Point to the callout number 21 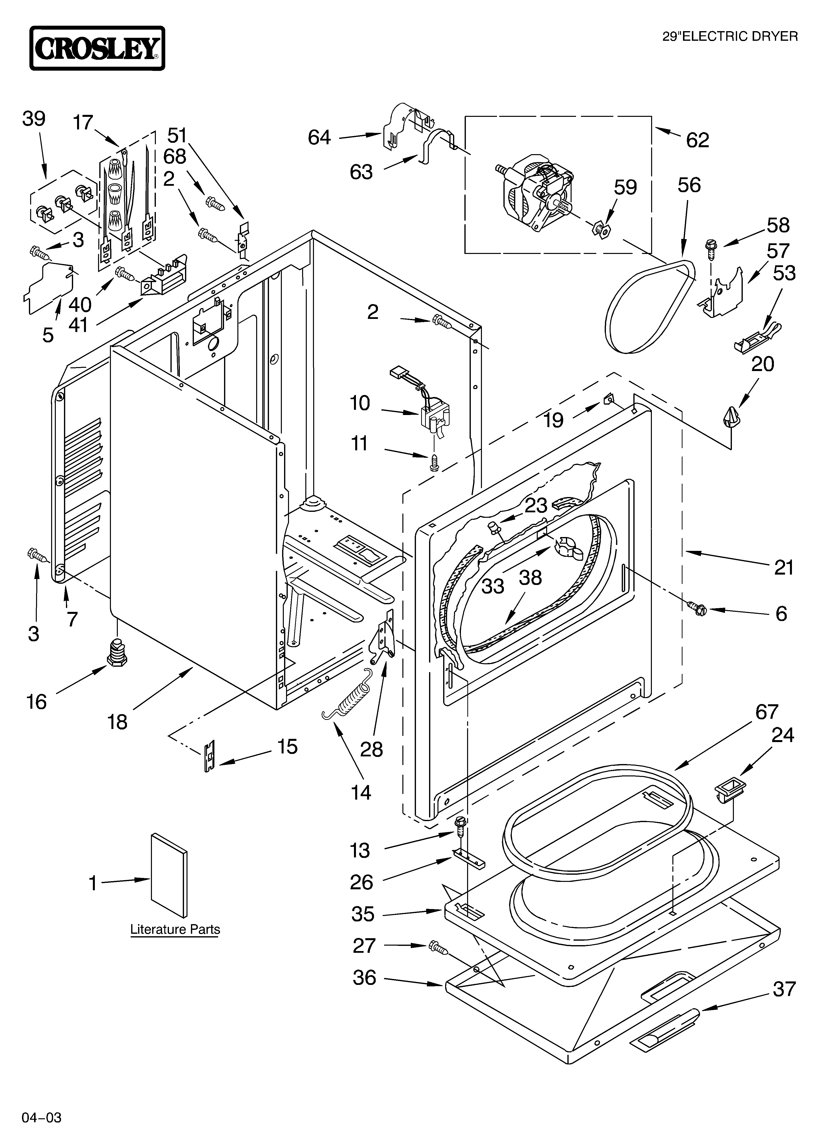click(x=784, y=567)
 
